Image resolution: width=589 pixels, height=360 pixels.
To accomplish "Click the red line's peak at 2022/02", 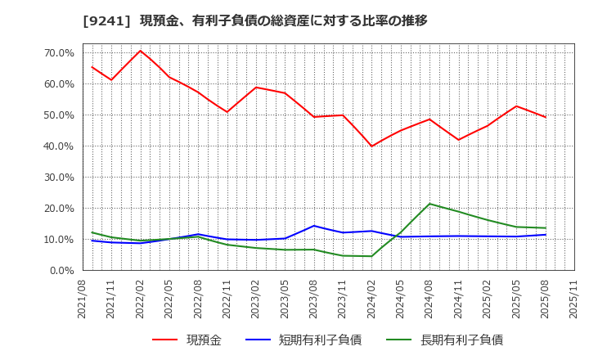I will tap(140, 51).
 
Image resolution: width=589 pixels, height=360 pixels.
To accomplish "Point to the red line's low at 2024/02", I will tap(371, 146).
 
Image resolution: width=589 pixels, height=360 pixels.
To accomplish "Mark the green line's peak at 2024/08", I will tap(429, 204).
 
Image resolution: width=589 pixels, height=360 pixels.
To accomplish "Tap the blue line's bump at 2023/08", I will tap(313, 226).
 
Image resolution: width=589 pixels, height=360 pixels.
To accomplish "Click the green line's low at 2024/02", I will tap(371, 256).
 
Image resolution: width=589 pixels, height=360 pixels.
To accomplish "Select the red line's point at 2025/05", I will tap(516, 106).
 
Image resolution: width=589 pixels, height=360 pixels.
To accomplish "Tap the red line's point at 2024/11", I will tap(458, 140).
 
